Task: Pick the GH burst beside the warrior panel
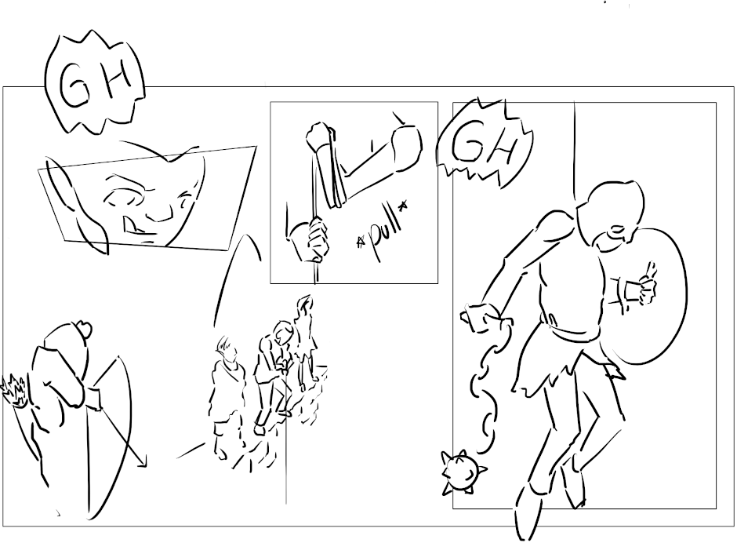coord(484,144)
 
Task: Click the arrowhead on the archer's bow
coord(141,461)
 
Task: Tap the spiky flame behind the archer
coord(15,390)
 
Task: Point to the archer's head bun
coord(83,329)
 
